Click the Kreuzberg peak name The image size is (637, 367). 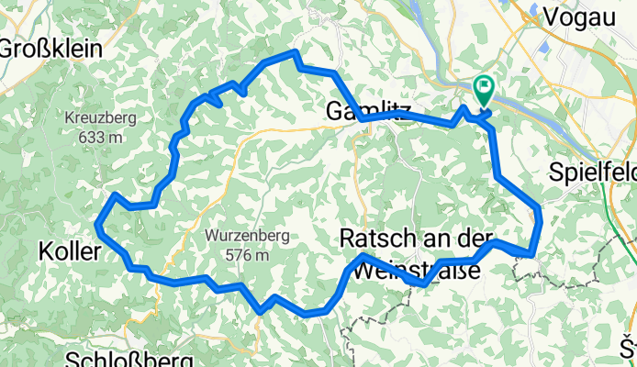(101, 117)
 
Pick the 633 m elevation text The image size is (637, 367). (101, 137)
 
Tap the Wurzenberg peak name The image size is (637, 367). (248, 236)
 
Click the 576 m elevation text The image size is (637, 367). (248, 255)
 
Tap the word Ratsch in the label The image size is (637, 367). (372, 237)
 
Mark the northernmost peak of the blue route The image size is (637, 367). (295, 52)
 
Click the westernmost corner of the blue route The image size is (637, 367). (97, 222)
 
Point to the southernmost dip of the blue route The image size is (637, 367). (307, 315)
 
